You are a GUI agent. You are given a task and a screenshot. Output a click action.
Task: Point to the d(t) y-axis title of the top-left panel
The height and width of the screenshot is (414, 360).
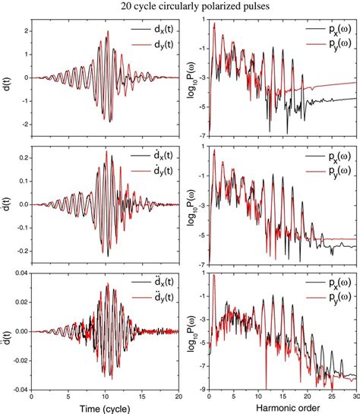pyautogui.click(x=8, y=77)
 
